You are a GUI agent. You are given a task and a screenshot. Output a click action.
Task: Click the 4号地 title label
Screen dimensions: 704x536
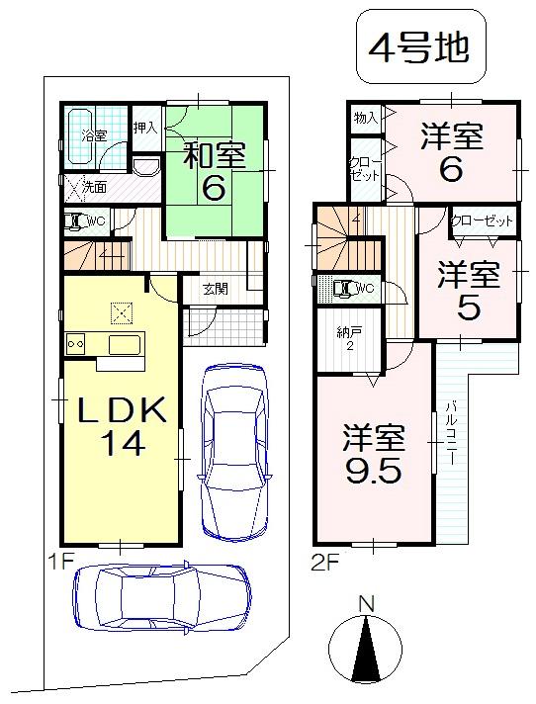[418, 47]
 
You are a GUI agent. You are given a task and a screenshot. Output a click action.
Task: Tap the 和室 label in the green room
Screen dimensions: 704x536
[214, 154]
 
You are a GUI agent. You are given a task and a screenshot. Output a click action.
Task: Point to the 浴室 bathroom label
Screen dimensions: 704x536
[94, 135]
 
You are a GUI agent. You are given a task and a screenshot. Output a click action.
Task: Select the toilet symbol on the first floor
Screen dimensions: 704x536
[75, 221]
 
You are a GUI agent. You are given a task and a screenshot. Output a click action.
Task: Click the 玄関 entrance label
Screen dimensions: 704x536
[216, 289]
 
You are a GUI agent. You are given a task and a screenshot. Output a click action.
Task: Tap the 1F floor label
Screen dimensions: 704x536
[59, 561]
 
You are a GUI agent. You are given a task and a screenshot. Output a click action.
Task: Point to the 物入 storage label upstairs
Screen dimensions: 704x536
[365, 118]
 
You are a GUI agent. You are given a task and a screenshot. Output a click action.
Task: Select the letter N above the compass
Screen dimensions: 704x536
[366, 603]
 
